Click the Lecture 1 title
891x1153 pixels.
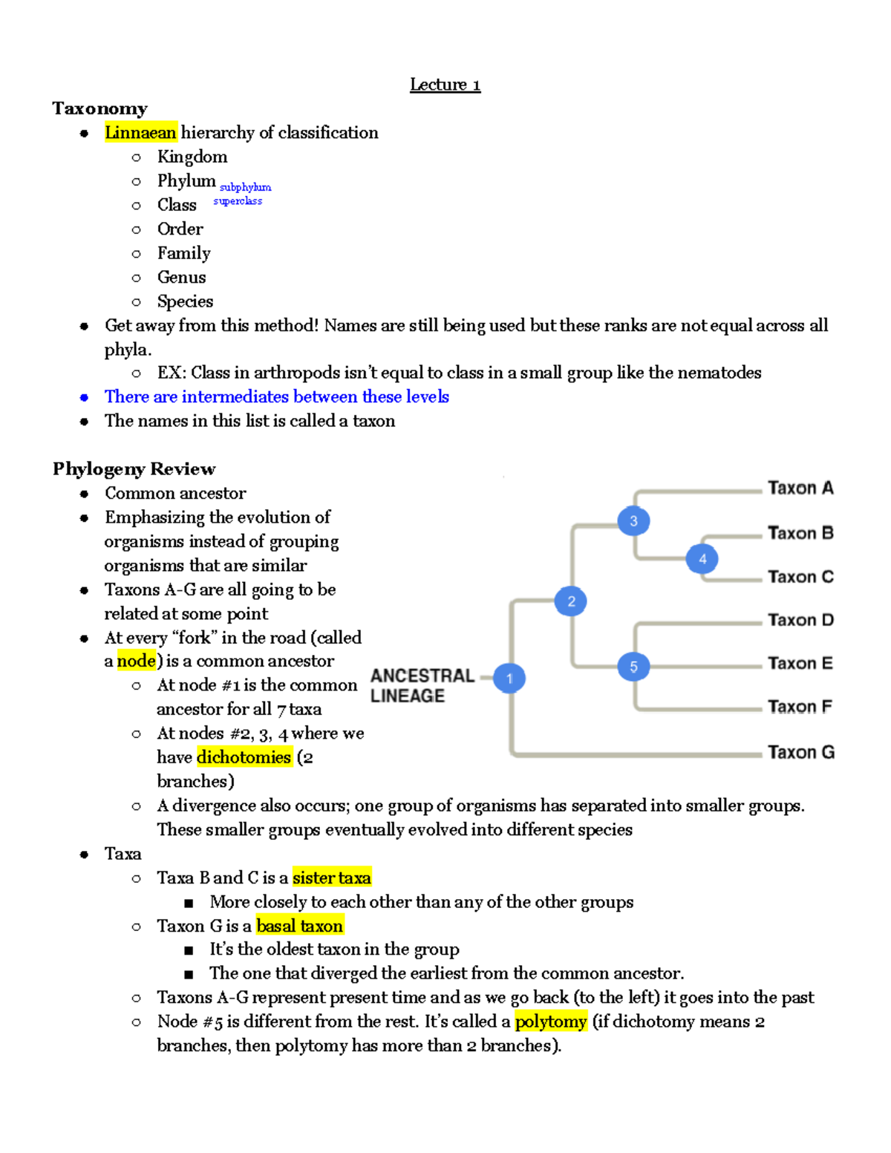[x=445, y=85]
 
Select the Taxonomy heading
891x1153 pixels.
[x=99, y=108]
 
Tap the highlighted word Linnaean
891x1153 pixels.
[x=140, y=132]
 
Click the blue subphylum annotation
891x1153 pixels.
[x=245, y=187]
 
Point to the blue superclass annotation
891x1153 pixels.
[x=238, y=200]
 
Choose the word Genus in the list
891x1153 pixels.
[x=181, y=277]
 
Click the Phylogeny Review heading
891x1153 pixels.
[x=134, y=468]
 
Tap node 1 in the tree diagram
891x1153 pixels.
[x=509, y=678]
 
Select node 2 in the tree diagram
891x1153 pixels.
[x=571, y=601]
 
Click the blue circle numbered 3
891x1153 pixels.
[x=633, y=521]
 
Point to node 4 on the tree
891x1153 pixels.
[x=702, y=559]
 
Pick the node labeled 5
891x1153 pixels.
[x=633, y=667]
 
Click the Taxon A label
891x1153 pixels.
[x=800, y=488]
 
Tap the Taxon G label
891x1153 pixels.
[x=801, y=752]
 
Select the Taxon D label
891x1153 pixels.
[x=800, y=620]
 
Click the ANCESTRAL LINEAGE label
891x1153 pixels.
[x=422, y=685]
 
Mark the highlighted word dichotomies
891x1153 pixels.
[x=244, y=757]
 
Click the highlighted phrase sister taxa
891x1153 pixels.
[x=331, y=878]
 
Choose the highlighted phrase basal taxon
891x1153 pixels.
[x=299, y=926]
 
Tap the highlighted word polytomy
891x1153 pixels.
[x=551, y=1022]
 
